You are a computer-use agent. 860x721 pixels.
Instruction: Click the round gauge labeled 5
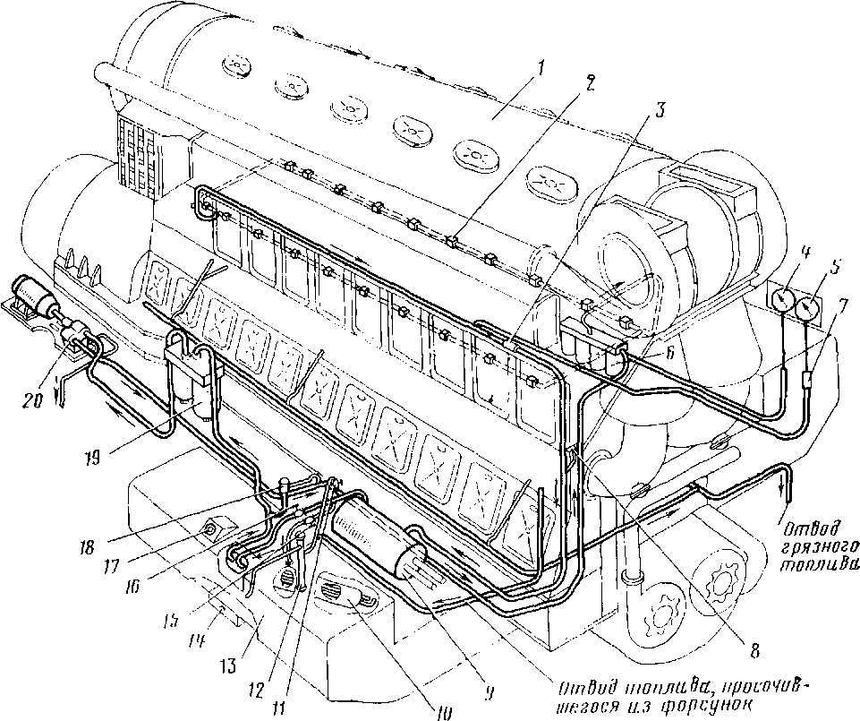(810, 308)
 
